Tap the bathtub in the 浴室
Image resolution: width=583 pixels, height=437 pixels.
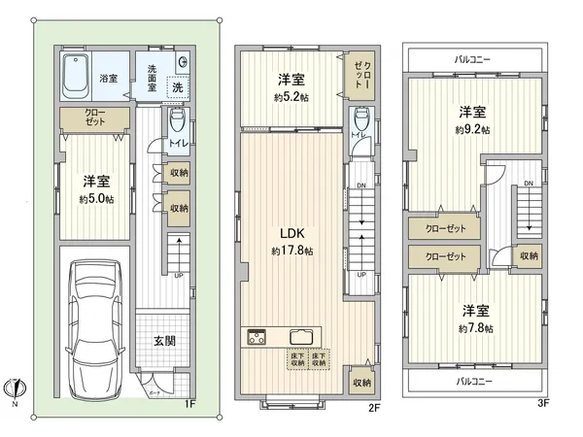tap(76, 78)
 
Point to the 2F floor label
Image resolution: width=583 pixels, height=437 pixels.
tap(372, 410)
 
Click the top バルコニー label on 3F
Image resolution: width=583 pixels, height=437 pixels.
tap(473, 59)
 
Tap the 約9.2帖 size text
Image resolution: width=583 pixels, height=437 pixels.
tap(473, 129)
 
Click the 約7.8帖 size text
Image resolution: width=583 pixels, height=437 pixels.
tap(474, 329)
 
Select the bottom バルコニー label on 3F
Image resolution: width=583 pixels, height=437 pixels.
tap(473, 382)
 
